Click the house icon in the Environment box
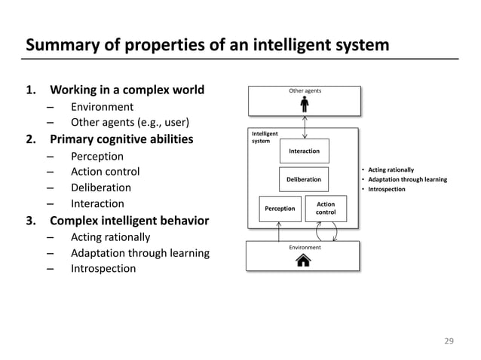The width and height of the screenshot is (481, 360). (305, 261)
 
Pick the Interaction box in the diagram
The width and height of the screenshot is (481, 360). (305, 151)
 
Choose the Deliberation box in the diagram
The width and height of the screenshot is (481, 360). (305, 180)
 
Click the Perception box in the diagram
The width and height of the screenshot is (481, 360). (279, 209)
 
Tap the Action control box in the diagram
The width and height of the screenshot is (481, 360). (326, 208)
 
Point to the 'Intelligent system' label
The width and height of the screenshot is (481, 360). (265, 137)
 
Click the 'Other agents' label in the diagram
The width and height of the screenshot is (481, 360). (305, 91)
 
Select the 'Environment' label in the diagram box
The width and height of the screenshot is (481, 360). (305, 247)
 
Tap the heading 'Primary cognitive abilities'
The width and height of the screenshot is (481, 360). (121, 139)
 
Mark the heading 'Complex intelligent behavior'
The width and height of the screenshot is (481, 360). (130, 221)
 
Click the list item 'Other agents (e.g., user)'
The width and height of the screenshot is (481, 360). (130, 123)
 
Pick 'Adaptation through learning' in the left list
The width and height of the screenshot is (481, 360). (139, 253)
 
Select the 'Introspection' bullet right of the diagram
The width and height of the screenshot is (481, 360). (387, 189)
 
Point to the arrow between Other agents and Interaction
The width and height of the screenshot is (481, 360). (305, 127)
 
